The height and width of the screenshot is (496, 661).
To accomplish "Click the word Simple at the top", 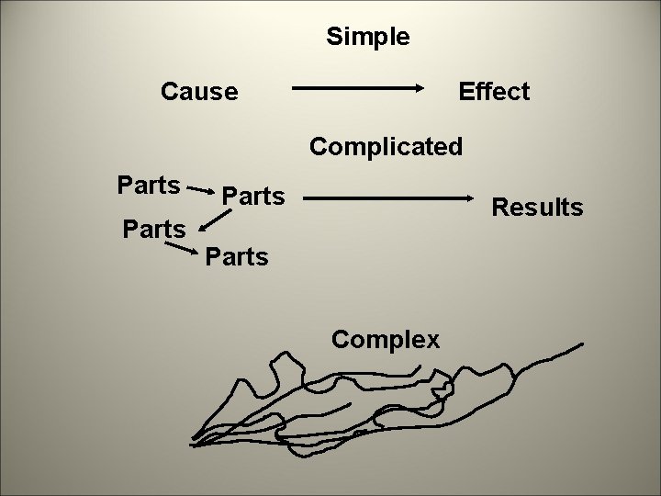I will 367,38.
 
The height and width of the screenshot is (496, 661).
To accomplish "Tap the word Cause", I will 199,92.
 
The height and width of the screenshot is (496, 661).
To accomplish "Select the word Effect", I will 494,92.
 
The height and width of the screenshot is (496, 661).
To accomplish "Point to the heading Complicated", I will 387,147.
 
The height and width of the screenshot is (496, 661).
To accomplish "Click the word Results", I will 537,208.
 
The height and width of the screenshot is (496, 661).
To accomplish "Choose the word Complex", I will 386,340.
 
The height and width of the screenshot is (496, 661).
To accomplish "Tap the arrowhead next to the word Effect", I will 420,89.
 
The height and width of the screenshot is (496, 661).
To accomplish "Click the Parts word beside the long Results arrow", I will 254,197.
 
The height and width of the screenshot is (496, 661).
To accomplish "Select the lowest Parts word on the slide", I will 237,256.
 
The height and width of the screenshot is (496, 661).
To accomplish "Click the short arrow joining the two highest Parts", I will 203,191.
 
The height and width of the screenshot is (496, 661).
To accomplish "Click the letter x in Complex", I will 432,341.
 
